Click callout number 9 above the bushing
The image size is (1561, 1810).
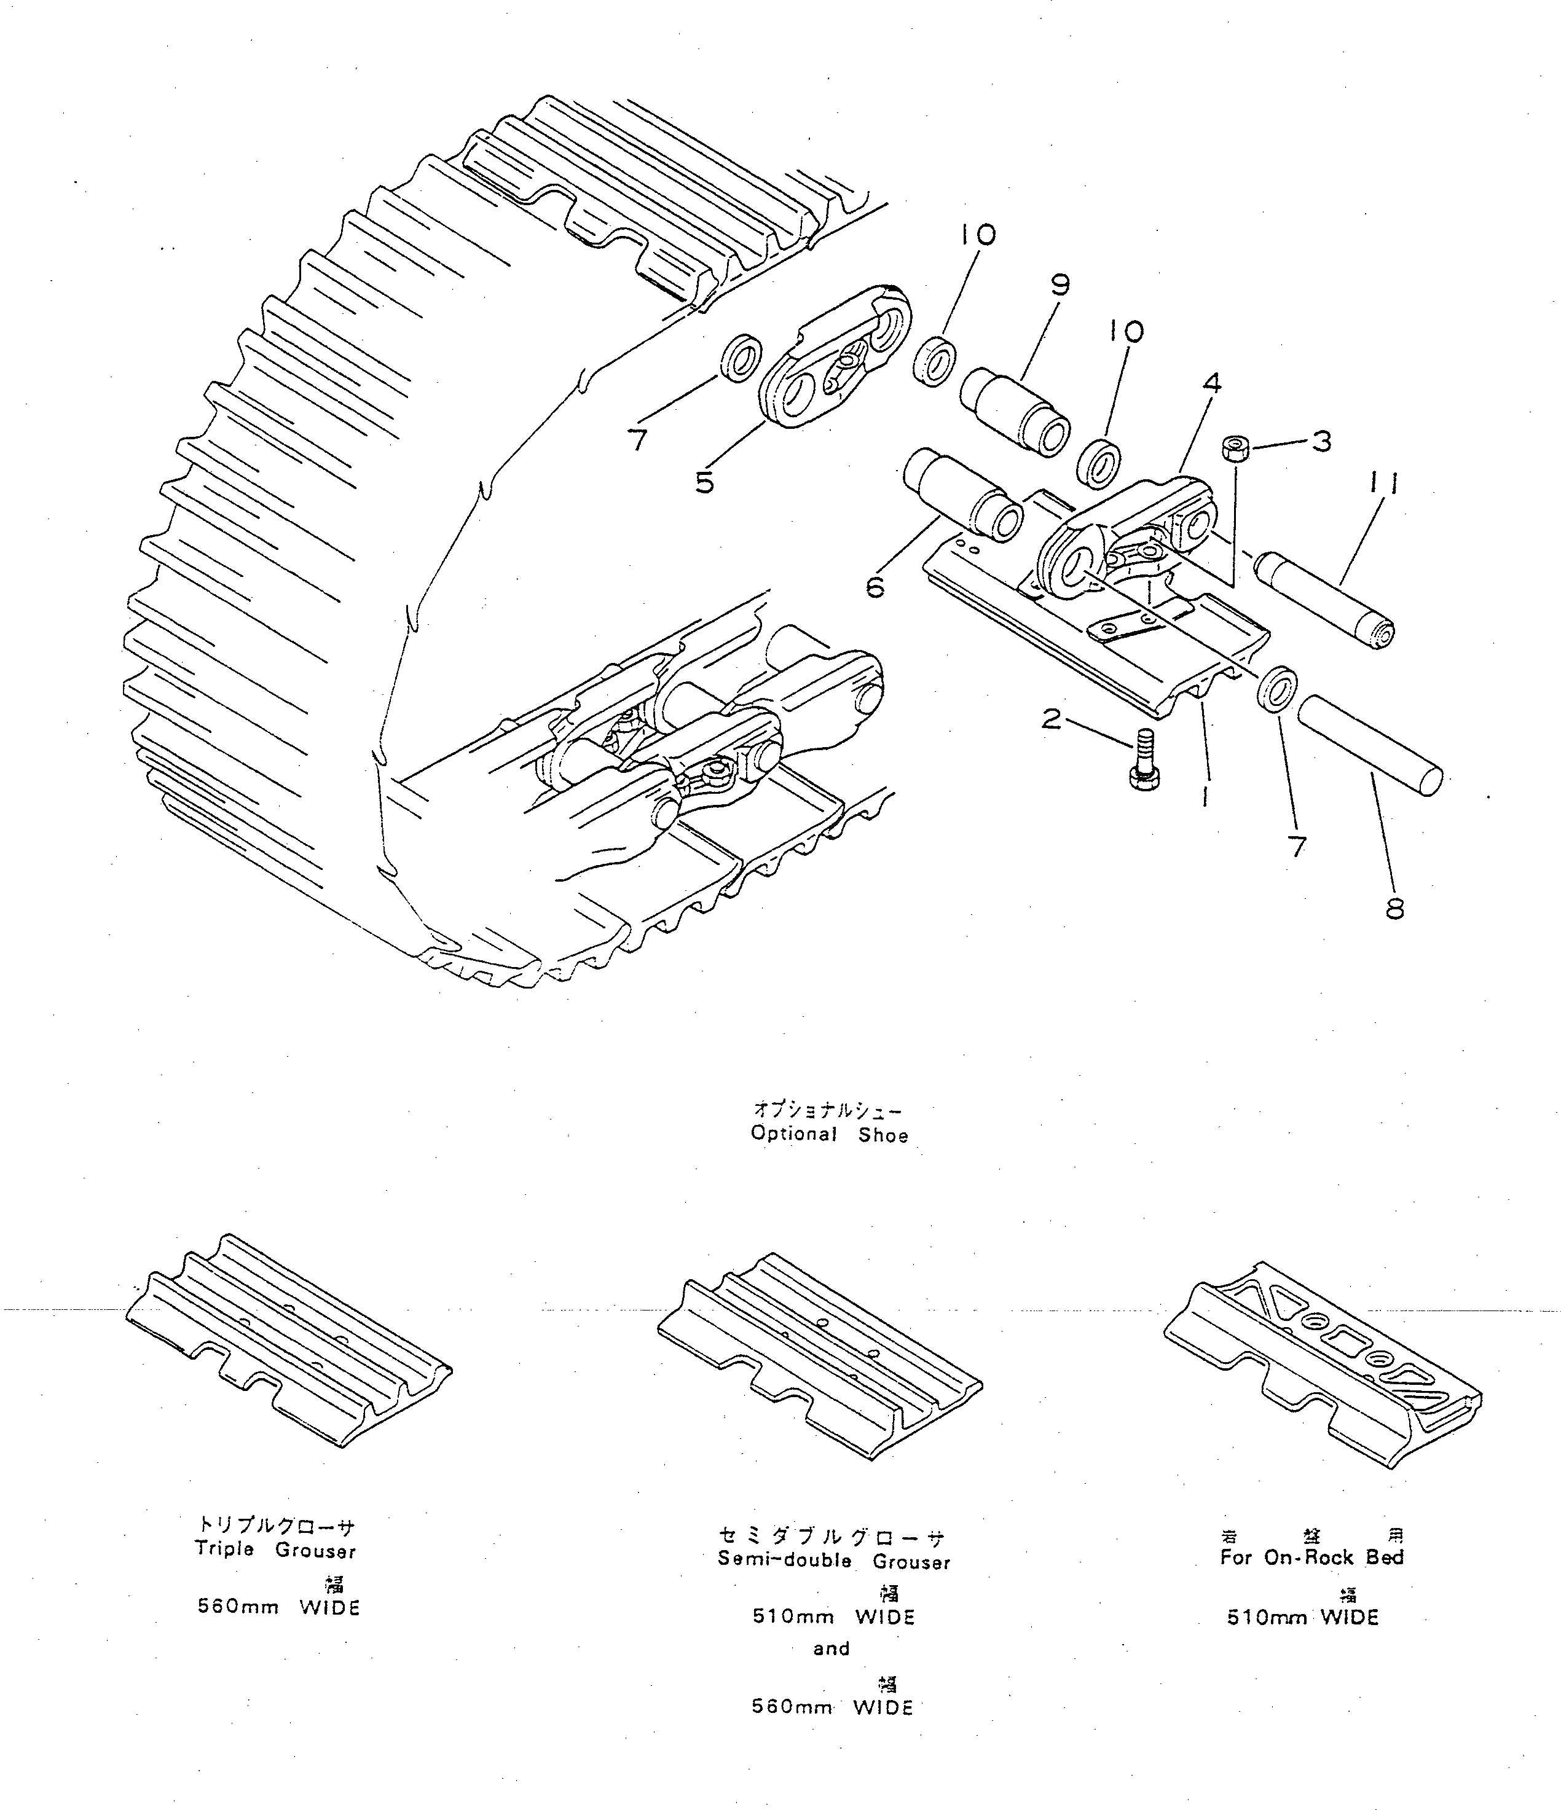point(1060,286)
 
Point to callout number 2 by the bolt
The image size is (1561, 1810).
point(1052,719)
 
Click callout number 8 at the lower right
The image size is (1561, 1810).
point(1395,909)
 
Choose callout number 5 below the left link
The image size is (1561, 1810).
point(704,482)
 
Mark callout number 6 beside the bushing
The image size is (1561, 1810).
point(875,587)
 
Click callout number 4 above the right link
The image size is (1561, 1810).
point(1211,383)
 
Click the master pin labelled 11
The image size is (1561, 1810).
point(1323,598)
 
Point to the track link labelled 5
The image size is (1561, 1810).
point(835,359)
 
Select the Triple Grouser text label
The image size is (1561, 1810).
point(275,1551)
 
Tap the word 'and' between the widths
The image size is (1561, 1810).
point(831,1648)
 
